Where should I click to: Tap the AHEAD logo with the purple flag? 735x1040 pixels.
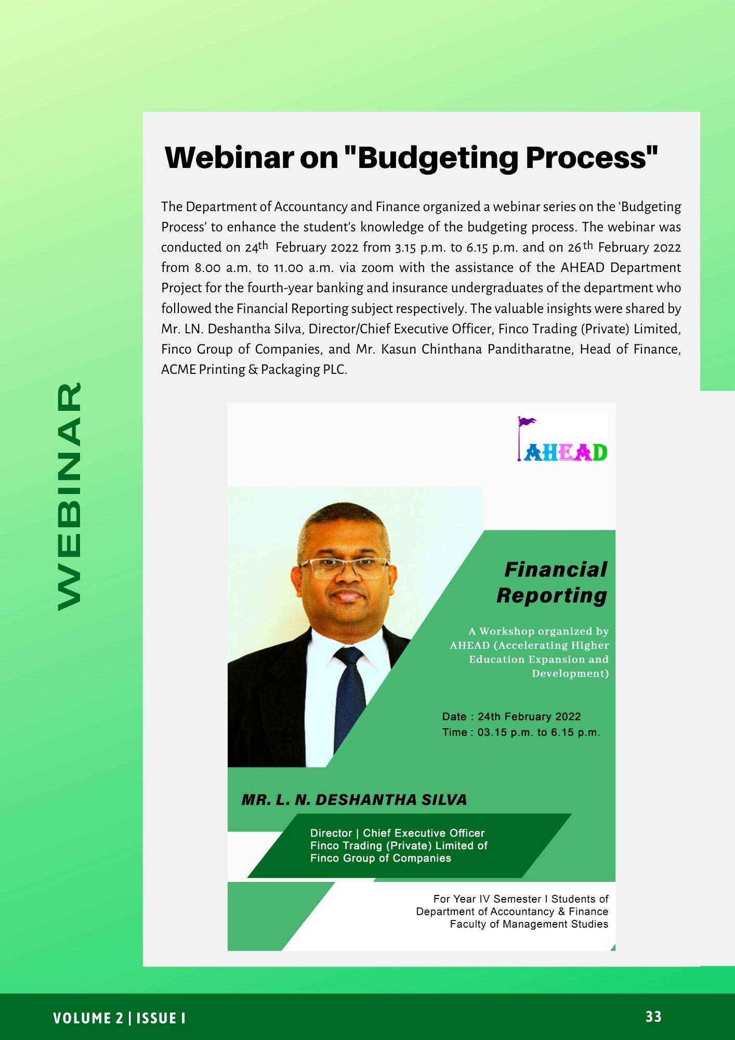pyautogui.click(x=562, y=438)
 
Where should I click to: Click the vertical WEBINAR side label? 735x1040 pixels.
pyautogui.click(x=69, y=497)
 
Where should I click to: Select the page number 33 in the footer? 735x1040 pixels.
pyautogui.click(x=653, y=1017)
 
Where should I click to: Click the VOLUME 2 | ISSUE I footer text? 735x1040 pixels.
pyautogui.click(x=120, y=1018)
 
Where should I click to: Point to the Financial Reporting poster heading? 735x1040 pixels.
pyautogui.click(x=552, y=582)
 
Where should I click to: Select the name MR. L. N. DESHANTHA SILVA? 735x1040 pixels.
pyautogui.click(x=354, y=800)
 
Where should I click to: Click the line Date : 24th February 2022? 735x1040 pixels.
pyautogui.click(x=511, y=717)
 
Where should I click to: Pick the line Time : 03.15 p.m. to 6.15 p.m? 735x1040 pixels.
pyautogui.click(x=521, y=733)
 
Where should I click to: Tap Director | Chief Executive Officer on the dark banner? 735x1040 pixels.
pyautogui.click(x=397, y=833)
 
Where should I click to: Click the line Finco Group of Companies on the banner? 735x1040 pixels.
pyautogui.click(x=380, y=858)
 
